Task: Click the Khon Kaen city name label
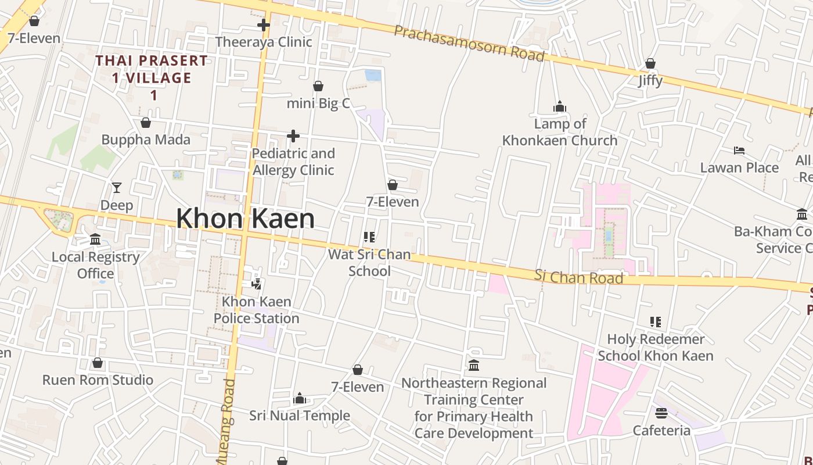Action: pos(245,219)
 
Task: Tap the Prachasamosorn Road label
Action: pos(469,43)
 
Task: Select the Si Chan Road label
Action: pos(578,277)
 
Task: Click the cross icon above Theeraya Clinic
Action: pos(264,25)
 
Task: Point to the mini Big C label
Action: pos(318,103)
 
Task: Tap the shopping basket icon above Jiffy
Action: pos(650,63)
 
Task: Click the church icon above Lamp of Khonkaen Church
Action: pos(560,106)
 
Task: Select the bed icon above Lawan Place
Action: pos(739,151)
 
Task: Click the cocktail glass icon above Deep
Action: pos(117,188)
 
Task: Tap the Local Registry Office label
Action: pos(96,265)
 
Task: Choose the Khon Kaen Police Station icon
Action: pos(256,284)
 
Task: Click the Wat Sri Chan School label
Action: pos(369,263)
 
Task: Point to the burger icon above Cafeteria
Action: pos(661,413)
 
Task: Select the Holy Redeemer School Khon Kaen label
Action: pos(656,347)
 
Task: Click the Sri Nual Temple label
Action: pos(300,416)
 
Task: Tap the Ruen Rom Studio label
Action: pos(98,380)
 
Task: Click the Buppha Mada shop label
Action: pos(146,139)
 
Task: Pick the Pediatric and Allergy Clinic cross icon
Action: pos(293,136)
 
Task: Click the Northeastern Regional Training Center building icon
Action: pos(474,366)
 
